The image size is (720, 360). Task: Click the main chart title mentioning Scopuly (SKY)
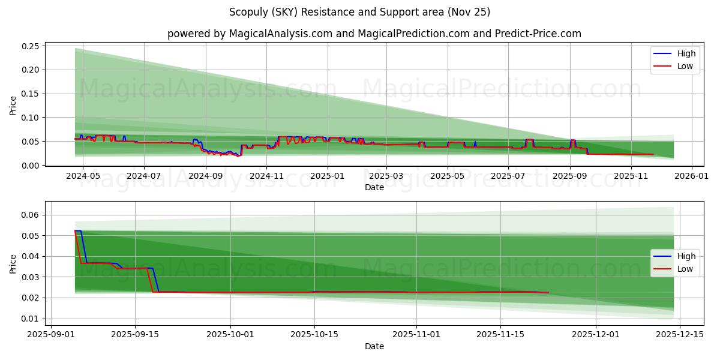359,12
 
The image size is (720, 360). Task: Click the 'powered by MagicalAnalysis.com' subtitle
374,34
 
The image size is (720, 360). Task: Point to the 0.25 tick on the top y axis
31,46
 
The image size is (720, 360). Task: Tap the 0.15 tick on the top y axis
31,94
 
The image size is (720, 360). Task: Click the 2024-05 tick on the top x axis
82,176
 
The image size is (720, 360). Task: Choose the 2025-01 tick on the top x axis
328,176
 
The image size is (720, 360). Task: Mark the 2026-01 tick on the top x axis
692,176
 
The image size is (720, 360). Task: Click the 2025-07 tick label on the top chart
508,176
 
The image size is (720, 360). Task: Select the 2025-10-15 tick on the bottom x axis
314,335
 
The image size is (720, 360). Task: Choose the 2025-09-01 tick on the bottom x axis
51,335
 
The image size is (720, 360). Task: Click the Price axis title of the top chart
13,106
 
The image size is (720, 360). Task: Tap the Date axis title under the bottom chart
374,346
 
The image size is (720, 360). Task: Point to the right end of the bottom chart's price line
548,292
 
